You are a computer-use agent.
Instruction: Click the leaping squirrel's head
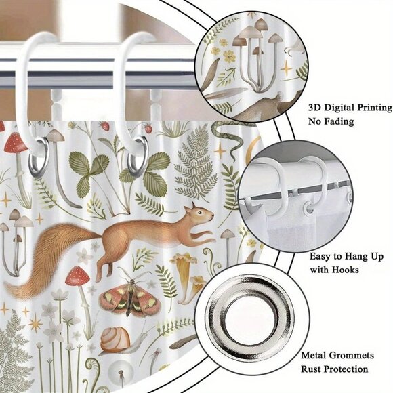(202, 216)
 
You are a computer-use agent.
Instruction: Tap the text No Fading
(332, 122)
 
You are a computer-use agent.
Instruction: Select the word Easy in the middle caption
(321, 255)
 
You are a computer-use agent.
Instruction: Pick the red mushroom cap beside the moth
(79, 274)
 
